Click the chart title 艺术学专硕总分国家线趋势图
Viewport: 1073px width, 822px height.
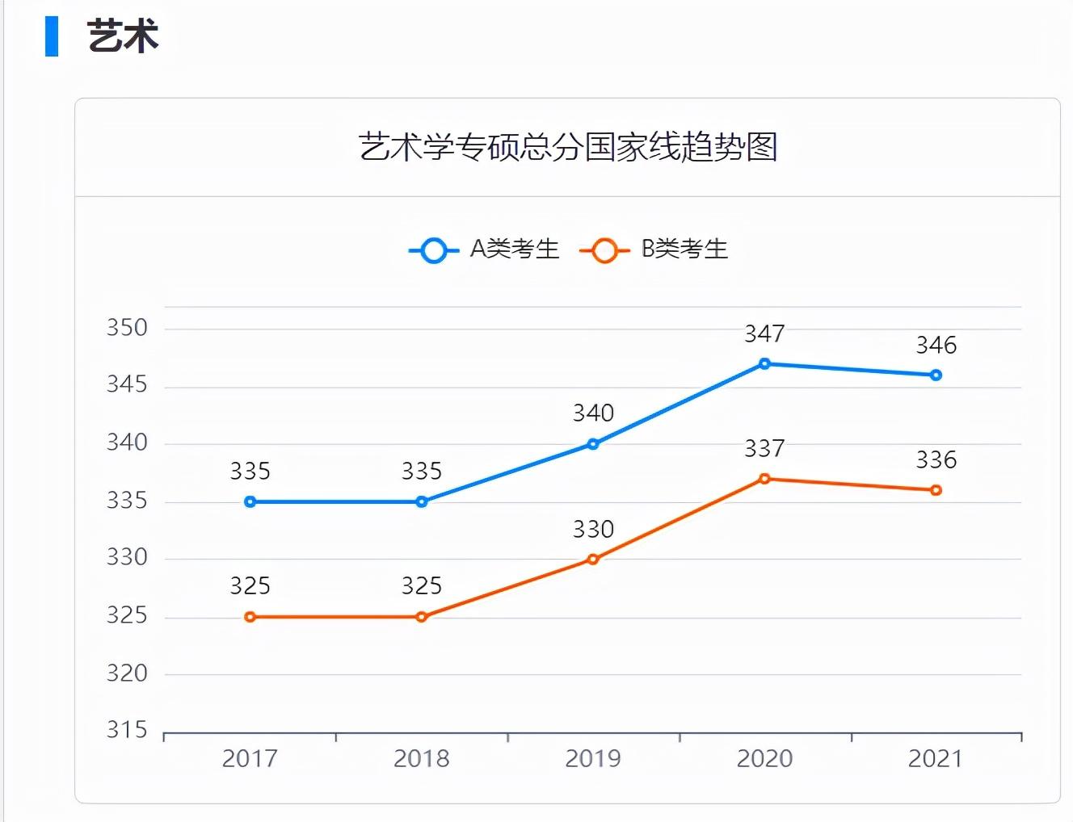click(568, 147)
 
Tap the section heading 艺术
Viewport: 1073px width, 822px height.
click(123, 36)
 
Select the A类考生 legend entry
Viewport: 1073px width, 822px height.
click(484, 250)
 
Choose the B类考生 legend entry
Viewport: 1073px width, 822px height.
click(654, 250)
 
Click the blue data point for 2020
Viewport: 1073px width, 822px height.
click(764, 364)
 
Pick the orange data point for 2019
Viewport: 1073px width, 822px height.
click(593, 559)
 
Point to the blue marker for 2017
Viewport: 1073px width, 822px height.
click(250, 501)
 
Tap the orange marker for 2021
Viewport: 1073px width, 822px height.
click(936, 490)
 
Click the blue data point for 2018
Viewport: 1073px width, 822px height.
click(422, 501)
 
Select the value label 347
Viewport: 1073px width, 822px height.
click(764, 333)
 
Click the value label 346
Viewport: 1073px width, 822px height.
click(936, 346)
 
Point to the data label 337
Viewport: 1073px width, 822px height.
click(764, 448)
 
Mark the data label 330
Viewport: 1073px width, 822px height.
click(593, 530)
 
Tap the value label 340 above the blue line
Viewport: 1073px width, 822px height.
click(593, 413)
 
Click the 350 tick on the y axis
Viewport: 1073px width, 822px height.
click(128, 328)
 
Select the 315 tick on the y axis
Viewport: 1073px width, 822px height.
click(128, 730)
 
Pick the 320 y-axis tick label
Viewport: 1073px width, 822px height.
click(128, 673)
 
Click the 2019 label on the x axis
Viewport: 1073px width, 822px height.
click(593, 759)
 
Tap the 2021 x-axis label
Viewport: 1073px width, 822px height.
click(936, 759)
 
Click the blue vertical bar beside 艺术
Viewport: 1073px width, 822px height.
click(52, 36)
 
